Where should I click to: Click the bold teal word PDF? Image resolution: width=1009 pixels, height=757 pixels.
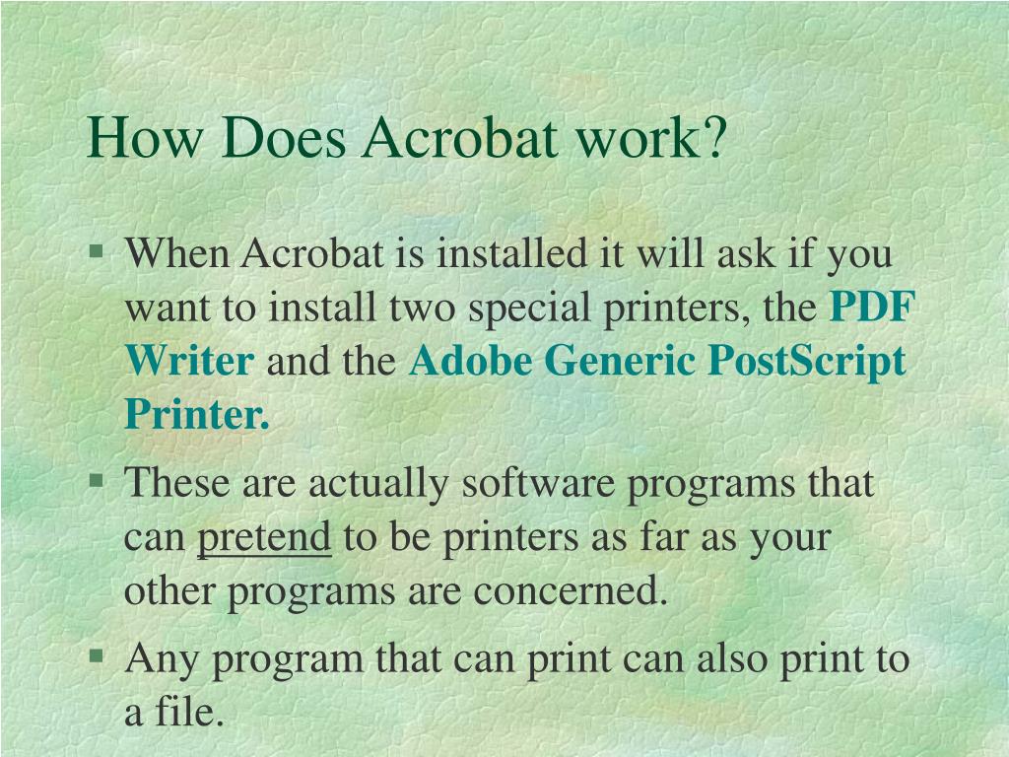[x=872, y=309]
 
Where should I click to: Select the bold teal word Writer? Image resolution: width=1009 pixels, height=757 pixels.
[x=189, y=362]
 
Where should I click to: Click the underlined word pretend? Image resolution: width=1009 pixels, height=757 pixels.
[x=264, y=539]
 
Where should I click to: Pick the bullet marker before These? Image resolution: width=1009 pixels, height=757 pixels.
[x=97, y=481]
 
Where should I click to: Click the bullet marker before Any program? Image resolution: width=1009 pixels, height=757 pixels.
[x=97, y=654]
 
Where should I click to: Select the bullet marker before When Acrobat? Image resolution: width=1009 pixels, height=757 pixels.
[x=97, y=251]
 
